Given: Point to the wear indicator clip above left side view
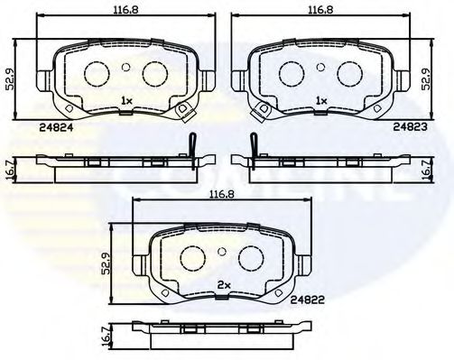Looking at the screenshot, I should tap(192, 143).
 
